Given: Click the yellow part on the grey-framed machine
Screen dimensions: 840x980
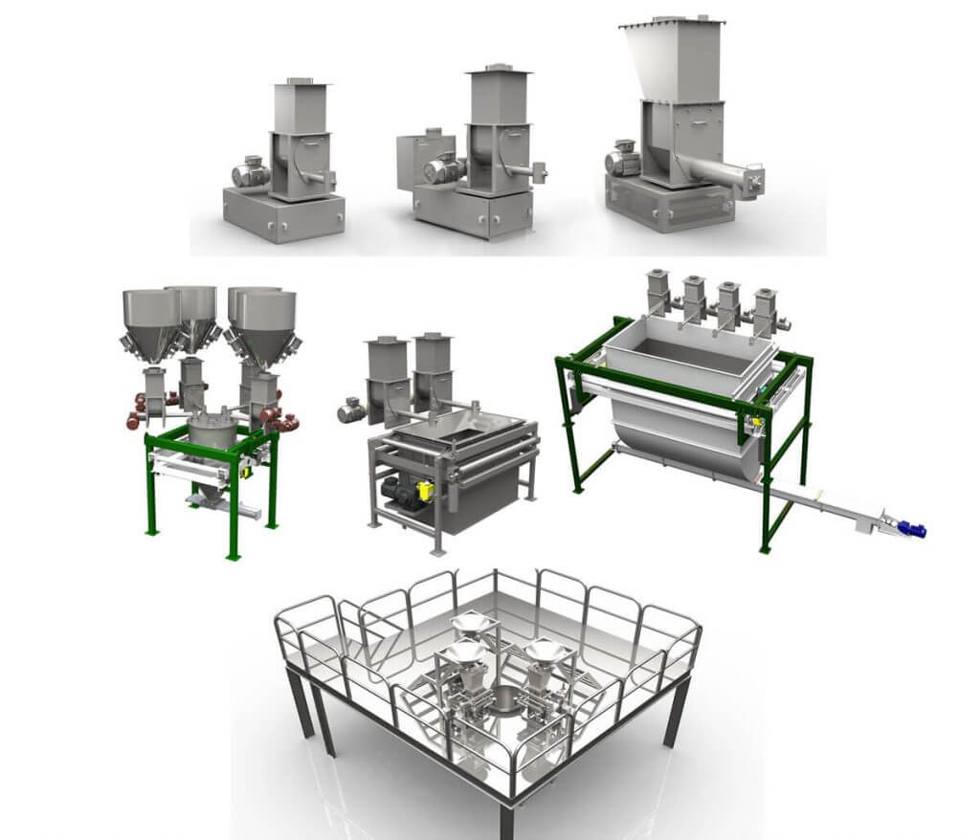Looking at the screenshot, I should pyautogui.click(x=426, y=490).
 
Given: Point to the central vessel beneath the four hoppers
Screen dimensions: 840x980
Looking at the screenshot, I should pyautogui.click(x=212, y=436).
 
